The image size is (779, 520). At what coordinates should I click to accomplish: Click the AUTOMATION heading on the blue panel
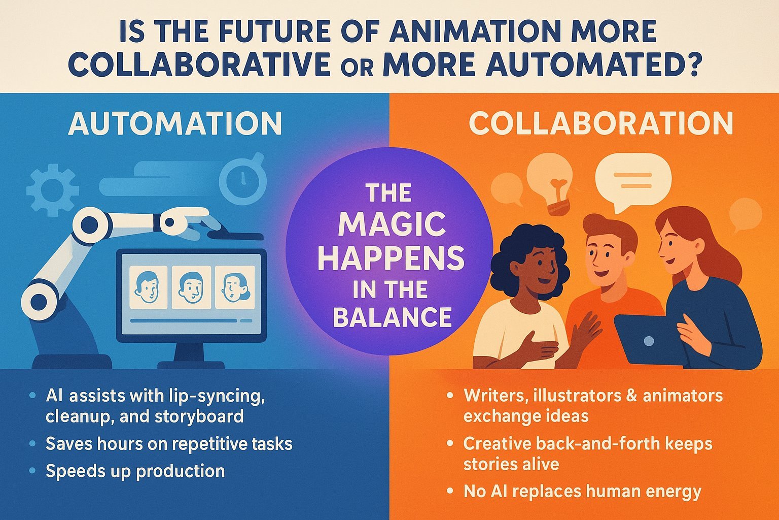pyautogui.click(x=175, y=123)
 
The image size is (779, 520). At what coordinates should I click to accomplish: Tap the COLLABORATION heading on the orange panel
pyautogui.click(x=601, y=123)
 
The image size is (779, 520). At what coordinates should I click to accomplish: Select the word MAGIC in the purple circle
pyautogui.click(x=392, y=224)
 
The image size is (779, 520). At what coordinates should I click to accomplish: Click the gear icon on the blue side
pyautogui.click(x=53, y=190)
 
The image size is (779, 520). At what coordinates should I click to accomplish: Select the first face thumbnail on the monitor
pyautogui.click(x=148, y=287)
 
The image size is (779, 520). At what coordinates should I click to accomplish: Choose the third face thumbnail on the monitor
pyautogui.click(x=235, y=287)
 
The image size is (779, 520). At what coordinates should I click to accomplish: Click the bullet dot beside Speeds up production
pyautogui.click(x=32, y=471)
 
